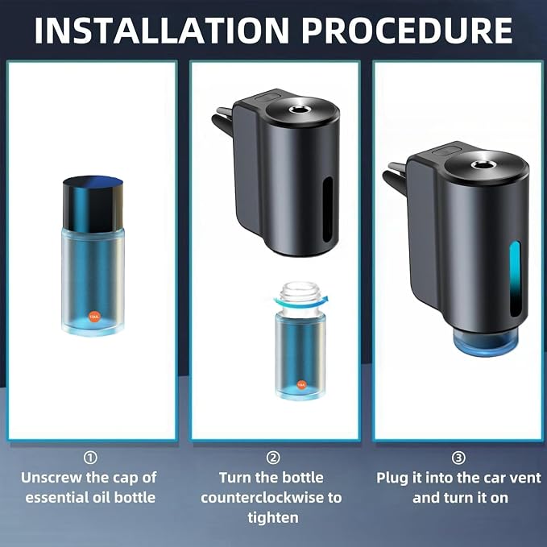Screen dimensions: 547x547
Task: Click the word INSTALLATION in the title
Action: point(162,30)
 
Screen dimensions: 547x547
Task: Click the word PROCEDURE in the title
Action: point(407,30)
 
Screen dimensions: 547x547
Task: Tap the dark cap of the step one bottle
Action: point(93,204)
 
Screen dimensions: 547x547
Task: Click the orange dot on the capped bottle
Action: point(94,317)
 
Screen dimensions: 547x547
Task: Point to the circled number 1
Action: point(91,458)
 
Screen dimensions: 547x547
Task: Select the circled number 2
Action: point(273,458)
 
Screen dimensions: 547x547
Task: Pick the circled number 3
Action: point(458,458)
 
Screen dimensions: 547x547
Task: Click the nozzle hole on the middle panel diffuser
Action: point(298,110)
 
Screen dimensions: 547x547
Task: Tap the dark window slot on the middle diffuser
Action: point(328,209)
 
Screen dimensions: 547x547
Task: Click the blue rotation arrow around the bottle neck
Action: point(300,302)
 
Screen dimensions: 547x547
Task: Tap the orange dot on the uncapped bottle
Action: point(301,384)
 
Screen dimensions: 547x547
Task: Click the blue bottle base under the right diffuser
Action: point(486,343)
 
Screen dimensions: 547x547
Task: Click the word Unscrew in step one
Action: point(52,477)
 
